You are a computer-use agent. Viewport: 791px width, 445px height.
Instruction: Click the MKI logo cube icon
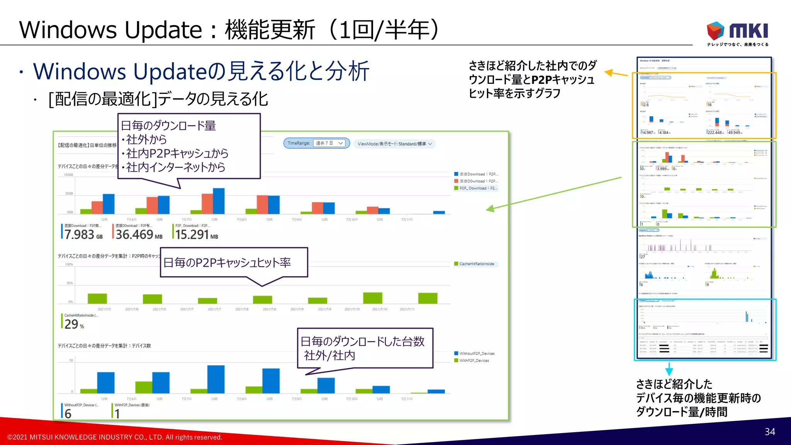(x=715, y=31)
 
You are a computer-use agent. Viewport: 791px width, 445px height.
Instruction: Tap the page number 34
(x=770, y=431)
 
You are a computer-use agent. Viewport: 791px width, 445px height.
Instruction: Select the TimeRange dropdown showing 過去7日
(x=329, y=143)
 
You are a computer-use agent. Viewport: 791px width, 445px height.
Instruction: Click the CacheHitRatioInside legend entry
(x=476, y=264)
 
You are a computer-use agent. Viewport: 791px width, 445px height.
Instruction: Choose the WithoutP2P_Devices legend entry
(x=476, y=353)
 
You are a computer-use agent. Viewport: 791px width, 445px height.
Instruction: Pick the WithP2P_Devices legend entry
(x=474, y=360)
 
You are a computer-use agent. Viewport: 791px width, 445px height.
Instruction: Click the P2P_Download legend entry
(x=477, y=188)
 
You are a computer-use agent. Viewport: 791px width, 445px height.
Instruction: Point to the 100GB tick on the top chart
(x=68, y=175)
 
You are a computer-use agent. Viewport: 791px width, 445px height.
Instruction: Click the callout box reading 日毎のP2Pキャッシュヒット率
(x=234, y=263)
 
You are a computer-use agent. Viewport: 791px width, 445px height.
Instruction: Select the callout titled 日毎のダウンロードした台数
(x=365, y=348)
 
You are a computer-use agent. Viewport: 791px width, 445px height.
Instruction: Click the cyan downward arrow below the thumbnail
(x=669, y=370)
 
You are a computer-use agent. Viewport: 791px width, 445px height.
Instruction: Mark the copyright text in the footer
(x=115, y=437)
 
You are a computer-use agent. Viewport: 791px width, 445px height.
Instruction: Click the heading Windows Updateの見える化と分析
(x=201, y=71)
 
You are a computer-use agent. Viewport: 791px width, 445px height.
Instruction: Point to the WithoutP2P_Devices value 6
(x=68, y=413)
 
